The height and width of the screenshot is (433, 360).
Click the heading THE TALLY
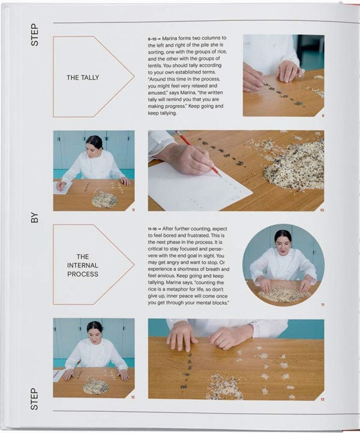pyautogui.click(x=82, y=77)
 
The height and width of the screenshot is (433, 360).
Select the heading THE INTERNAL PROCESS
pyautogui.click(x=82, y=265)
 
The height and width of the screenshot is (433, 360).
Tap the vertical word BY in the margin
pyautogui.click(x=35, y=217)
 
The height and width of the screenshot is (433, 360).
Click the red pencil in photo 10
pyautogui.click(x=198, y=154)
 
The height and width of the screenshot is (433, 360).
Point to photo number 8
pyautogui.click(x=323, y=116)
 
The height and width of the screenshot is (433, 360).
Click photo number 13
pyautogui.click(x=322, y=399)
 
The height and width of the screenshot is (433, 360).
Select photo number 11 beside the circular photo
pyautogui.click(x=322, y=305)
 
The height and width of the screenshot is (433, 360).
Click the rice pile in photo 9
pyautogui.click(x=105, y=198)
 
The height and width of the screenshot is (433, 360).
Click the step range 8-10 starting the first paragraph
pyautogui.click(x=152, y=39)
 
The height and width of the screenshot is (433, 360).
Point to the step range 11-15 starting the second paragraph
pyautogui.click(x=152, y=229)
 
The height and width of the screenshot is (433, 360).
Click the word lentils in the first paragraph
pyautogui.click(x=154, y=65)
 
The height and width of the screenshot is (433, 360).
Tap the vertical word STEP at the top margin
pyautogui.click(x=35, y=34)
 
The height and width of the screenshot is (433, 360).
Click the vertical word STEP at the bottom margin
pyautogui.click(x=34, y=399)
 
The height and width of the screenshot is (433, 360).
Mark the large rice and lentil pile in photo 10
pyautogui.click(x=294, y=166)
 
